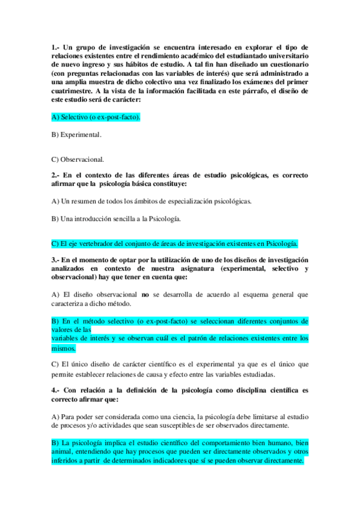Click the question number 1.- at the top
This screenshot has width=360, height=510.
[x=56, y=47]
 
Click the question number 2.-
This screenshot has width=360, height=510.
[x=56, y=175]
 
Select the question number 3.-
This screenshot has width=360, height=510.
[x=56, y=260]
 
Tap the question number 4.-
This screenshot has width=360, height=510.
[x=56, y=390]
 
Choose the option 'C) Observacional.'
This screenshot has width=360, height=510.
[x=78, y=159]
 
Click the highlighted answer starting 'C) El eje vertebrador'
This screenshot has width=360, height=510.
[x=175, y=244]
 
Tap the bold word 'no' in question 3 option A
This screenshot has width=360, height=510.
[x=144, y=295]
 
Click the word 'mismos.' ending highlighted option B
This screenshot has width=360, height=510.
[x=64, y=348]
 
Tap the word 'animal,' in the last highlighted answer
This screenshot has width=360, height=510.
[x=63, y=452]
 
